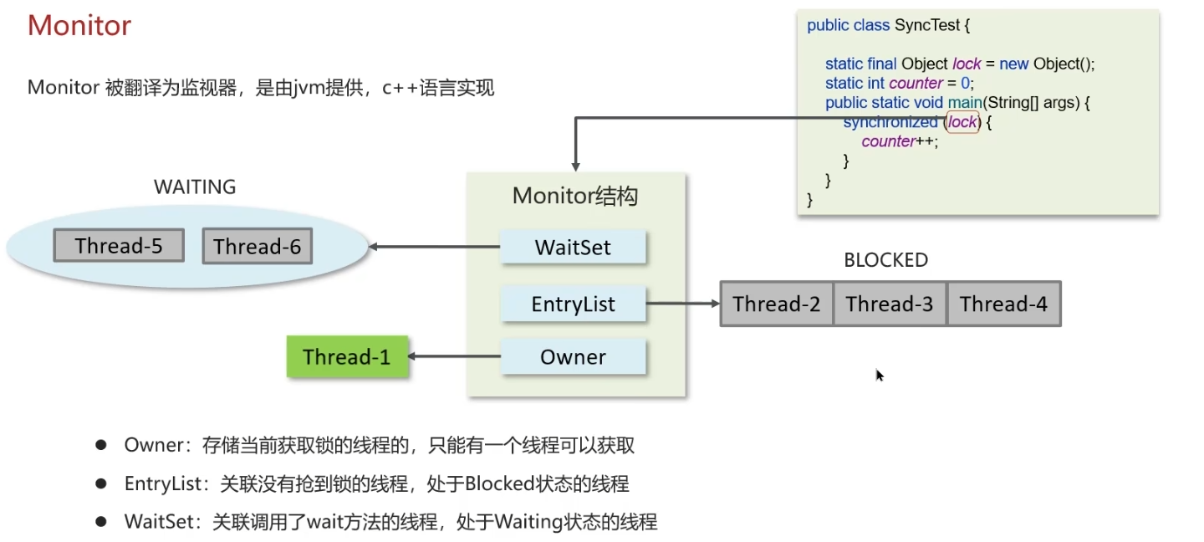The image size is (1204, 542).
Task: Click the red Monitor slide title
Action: coord(79,26)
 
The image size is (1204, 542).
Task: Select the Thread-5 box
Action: coord(119,246)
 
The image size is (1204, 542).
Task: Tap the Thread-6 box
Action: coord(258,247)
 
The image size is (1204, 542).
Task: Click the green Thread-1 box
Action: coord(347,357)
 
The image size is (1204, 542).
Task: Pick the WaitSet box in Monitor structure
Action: coord(573,248)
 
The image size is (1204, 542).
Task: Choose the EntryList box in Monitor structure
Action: coord(573,304)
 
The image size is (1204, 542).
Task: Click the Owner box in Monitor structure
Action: coord(573,357)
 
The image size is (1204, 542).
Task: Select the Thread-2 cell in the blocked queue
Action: coord(777,304)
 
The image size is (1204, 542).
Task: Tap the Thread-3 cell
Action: coord(890,304)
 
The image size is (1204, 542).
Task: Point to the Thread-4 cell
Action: coord(1003,304)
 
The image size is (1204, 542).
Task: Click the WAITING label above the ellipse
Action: coord(195,187)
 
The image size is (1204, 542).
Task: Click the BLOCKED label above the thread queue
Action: coord(886,260)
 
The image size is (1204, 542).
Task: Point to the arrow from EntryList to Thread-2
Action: coord(682,304)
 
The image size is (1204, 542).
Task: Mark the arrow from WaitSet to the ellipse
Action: coord(435,247)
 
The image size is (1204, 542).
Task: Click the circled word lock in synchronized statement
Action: coord(962,122)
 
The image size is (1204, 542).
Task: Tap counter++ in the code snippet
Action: coord(900,141)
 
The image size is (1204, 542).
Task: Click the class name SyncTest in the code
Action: coord(927,25)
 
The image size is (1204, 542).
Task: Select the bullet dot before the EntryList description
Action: coord(100,483)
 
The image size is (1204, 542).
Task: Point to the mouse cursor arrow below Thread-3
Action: coord(880,375)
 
